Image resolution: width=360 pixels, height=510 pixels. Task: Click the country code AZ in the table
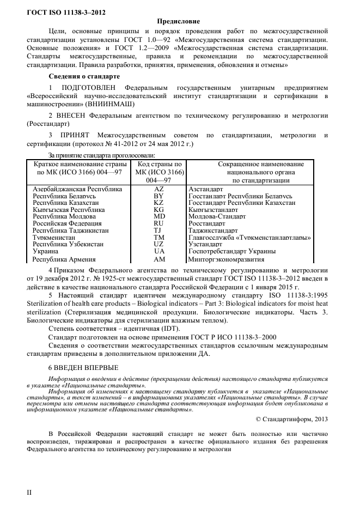tap(158, 189)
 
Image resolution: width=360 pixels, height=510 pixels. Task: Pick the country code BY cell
tap(158, 196)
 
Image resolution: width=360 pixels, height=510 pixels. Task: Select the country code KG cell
tap(158, 209)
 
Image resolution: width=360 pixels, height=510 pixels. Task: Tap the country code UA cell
tap(158, 251)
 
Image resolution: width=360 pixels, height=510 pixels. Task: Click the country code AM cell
tap(158, 259)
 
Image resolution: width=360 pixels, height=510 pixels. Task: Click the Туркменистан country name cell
tap(54, 237)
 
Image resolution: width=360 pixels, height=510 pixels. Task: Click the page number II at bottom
tap(30, 493)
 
